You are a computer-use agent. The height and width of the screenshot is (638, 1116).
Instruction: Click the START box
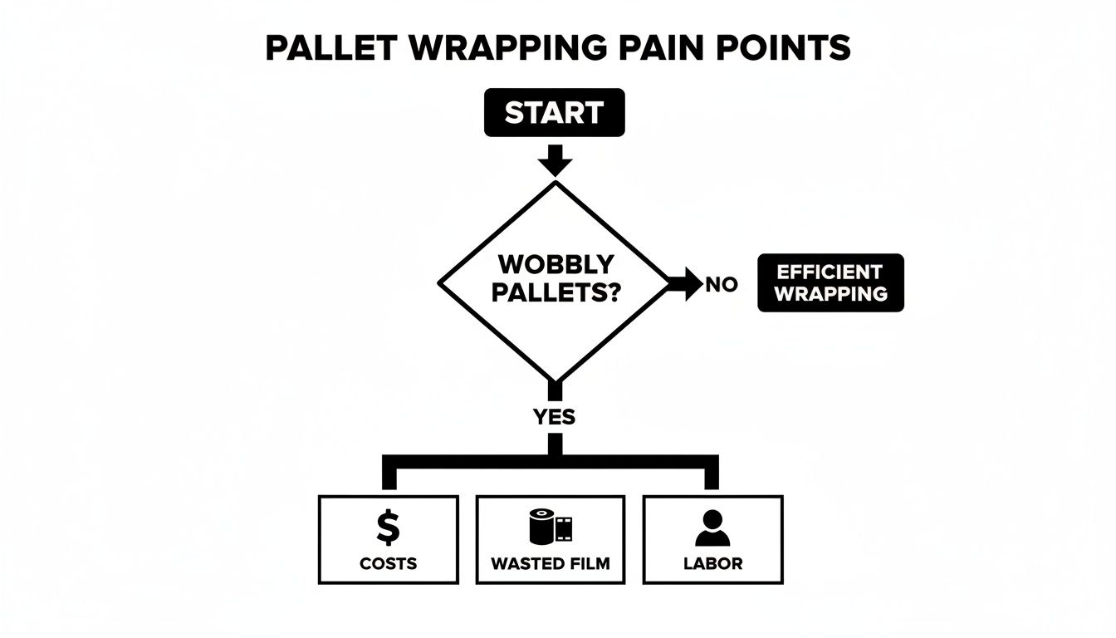click(x=554, y=112)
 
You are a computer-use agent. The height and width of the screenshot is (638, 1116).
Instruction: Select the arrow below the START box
click(x=554, y=159)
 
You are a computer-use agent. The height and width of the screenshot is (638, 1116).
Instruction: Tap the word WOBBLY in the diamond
click(x=556, y=265)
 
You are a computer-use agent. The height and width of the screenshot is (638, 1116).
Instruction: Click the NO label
click(x=721, y=284)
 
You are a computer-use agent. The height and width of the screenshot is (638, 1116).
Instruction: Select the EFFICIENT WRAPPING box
click(x=830, y=282)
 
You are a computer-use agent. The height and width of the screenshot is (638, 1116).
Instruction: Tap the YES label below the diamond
click(x=555, y=416)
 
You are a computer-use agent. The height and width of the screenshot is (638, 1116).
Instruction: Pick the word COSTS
click(x=388, y=563)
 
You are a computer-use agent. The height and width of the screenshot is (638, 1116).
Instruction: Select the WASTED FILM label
click(x=550, y=563)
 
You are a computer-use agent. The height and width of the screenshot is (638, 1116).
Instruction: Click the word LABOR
click(x=712, y=563)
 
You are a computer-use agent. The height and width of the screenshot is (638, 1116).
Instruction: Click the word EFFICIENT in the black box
click(x=830, y=272)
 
